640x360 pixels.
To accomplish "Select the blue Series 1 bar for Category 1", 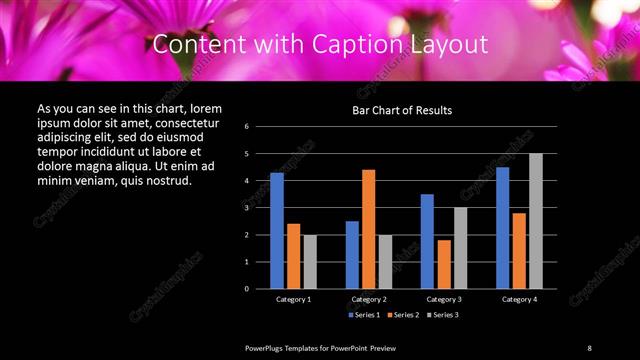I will [277, 230].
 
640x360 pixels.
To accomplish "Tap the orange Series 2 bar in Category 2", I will [368, 229].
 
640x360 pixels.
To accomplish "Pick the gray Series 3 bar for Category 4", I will [536, 221].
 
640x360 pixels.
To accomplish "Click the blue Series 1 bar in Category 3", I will [427, 241].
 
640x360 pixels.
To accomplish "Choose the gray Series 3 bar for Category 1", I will [310, 261].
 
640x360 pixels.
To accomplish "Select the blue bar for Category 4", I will [502, 227].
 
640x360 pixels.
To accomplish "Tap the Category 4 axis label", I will [519, 299].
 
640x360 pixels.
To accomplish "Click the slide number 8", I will [589, 347].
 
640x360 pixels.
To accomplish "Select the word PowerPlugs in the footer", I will [265, 347].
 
